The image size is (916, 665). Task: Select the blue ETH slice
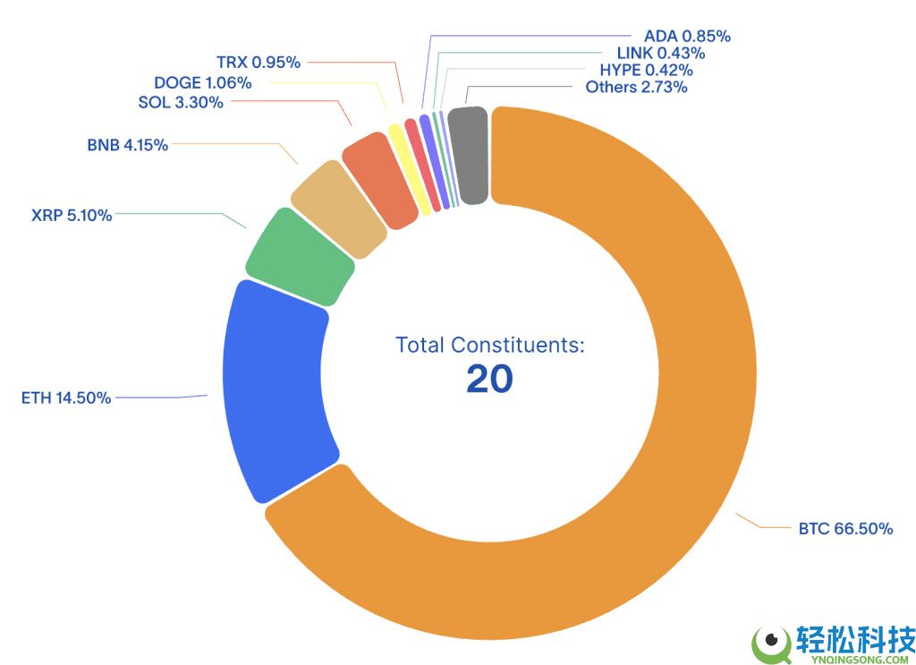tap(273, 389)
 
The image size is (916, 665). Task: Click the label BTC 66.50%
tap(845, 529)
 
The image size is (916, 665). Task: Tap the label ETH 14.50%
tap(66, 398)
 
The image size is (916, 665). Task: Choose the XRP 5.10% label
tap(72, 216)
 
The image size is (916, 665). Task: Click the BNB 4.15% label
tap(127, 145)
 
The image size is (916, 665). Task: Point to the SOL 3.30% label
tap(181, 102)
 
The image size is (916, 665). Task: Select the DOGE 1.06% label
tap(202, 83)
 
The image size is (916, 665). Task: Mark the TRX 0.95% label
tap(259, 63)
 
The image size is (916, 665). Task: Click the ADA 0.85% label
tap(687, 37)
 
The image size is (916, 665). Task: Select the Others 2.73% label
tap(636, 88)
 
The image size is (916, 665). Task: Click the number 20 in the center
tap(489, 379)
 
